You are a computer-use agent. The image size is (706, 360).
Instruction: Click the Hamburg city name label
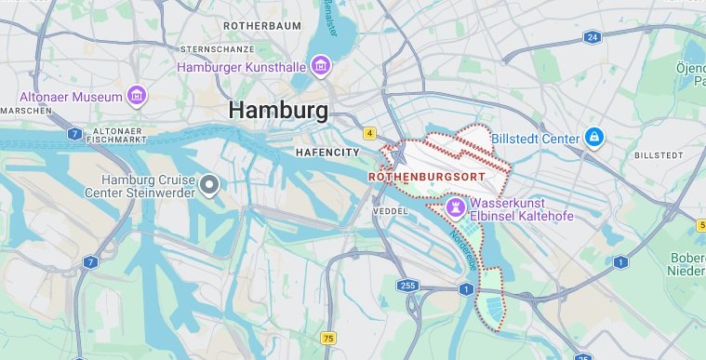278,111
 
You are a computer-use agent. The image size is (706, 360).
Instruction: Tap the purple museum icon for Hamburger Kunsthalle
321,66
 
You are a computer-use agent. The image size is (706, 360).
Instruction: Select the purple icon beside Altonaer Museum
138,96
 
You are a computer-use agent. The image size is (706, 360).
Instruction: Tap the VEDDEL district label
392,211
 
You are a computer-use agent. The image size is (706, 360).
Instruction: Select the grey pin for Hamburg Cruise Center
210,184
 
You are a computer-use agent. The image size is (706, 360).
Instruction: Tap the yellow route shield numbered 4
369,133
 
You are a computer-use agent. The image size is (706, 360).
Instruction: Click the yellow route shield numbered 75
327,338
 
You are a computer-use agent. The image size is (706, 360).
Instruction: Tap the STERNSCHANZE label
220,47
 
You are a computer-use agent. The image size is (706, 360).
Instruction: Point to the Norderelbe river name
464,247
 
